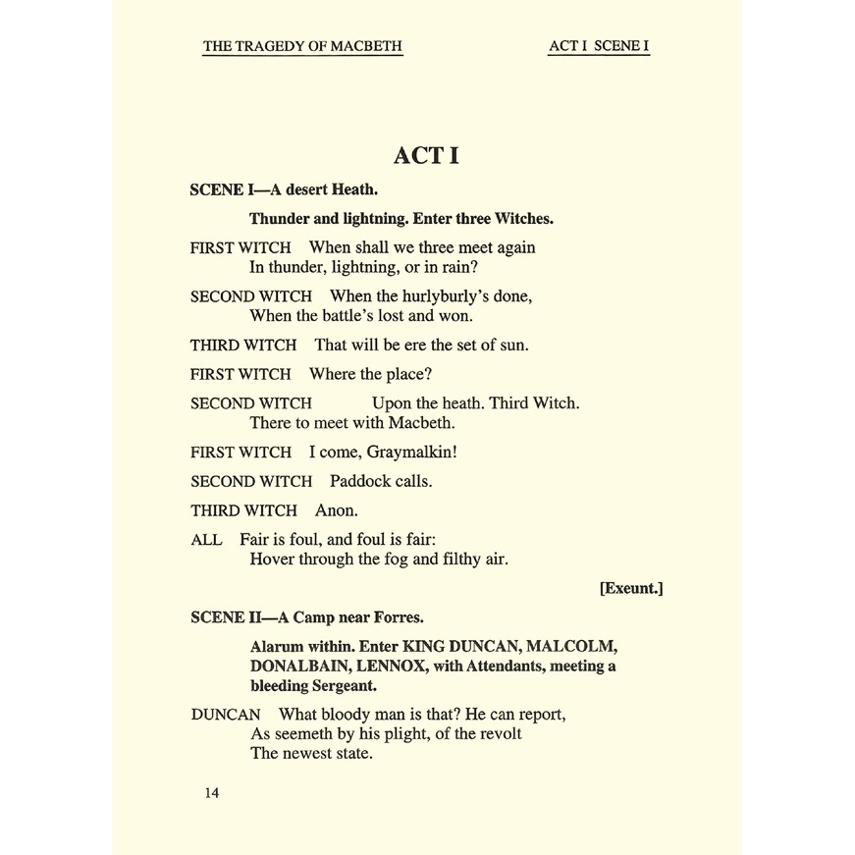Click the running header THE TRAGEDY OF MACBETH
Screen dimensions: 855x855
(x=302, y=46)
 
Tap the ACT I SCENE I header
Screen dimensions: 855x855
(x=599, y=46)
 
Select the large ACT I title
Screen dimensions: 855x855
(x=426, y=155)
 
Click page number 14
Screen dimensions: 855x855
(x=212, y=793)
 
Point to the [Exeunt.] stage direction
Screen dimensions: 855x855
(x=630, y=589)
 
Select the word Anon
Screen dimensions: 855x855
(x=337, y=510)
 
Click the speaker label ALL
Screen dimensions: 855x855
(x=206, y=540)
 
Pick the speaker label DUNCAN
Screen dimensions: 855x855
(x=226, y=715)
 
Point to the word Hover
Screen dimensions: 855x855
(x=273, y=560)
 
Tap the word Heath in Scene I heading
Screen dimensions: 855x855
(x=354, y=189)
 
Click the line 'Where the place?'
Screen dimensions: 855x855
(x=371, y=374)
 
